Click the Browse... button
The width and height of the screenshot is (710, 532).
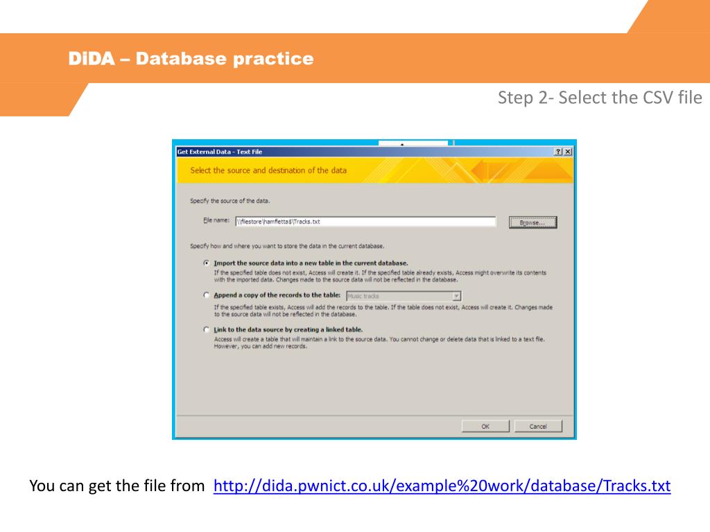(x=533, y=222)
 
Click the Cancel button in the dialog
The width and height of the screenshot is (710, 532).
(x=538, y=426)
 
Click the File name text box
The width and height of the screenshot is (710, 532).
(x=365, y=222)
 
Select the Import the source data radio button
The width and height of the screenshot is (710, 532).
(x=207, y=263)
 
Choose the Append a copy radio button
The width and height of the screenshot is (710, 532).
(x=207, y=295)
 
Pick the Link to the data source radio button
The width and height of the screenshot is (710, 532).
(x=207, y=329)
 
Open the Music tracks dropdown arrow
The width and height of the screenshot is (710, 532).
(x=456, y=296)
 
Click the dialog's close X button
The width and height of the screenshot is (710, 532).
(x=567, y=152)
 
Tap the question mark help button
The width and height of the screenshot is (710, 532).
(x=558, y=152)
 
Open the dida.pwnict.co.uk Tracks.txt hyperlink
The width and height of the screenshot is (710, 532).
(x=442, y=486)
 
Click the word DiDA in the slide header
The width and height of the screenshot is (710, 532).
(x=92, y=58)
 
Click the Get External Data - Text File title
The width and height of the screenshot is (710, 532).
(x=220, y=152)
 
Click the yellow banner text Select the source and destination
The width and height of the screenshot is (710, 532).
(x=268, y=170)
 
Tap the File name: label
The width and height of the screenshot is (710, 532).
(x=216, y=220)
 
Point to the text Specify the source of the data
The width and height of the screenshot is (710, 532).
(x=230, y=201)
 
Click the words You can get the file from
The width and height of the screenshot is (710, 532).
(x=117, y=486)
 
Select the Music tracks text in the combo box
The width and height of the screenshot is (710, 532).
(x=363, y=296)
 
